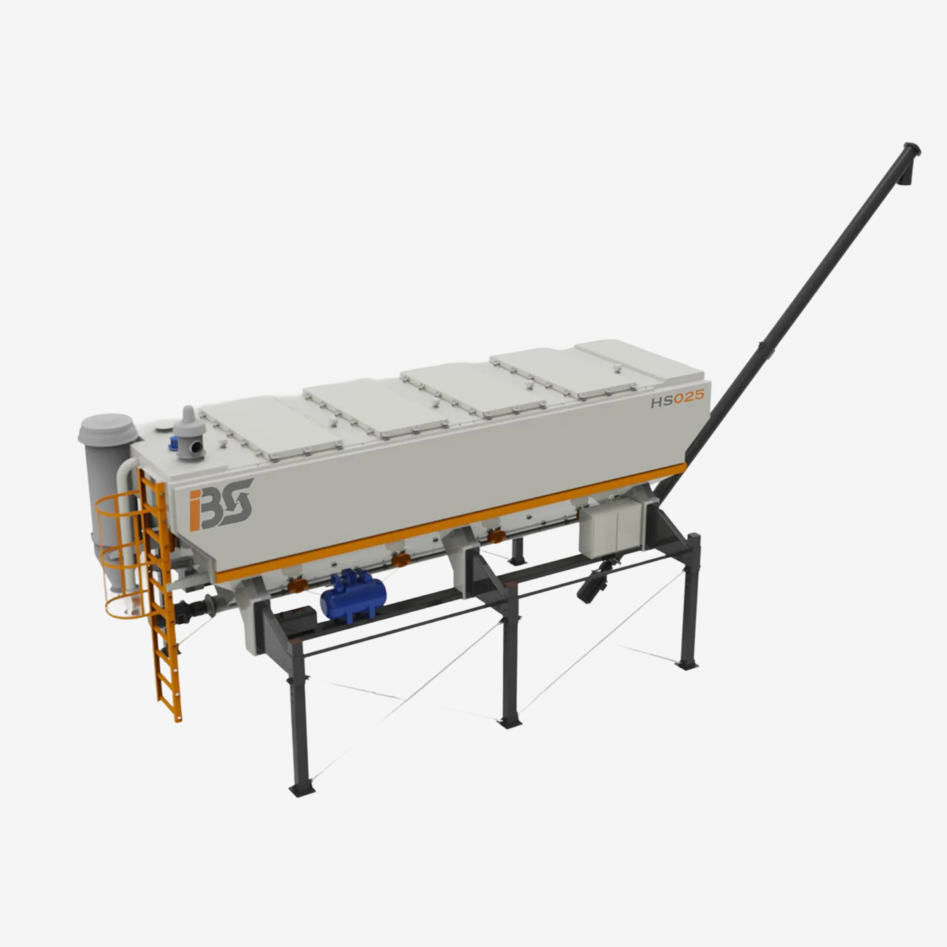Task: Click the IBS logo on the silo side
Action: (x=221, y=504)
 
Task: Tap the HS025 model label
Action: (x=677, y=398)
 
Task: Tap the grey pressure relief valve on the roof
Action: (x=190, y=434)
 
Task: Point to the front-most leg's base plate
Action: (x=301, y=789)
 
